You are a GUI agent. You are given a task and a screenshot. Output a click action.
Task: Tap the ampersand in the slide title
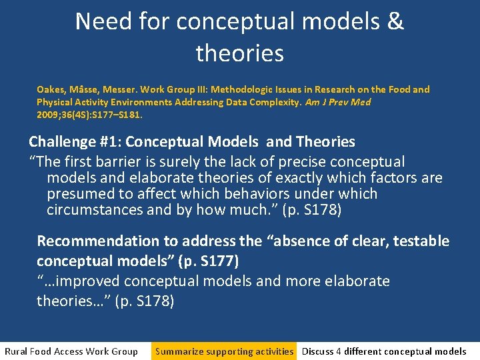395,21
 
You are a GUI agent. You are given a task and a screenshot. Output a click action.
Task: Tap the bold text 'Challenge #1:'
75,142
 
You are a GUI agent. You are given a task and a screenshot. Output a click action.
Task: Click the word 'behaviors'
251,194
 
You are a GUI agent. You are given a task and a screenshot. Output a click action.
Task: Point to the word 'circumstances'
93,210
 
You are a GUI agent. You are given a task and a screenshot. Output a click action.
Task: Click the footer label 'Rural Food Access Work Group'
71,351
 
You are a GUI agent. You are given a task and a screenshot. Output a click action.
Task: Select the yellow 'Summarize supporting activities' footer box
224,351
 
